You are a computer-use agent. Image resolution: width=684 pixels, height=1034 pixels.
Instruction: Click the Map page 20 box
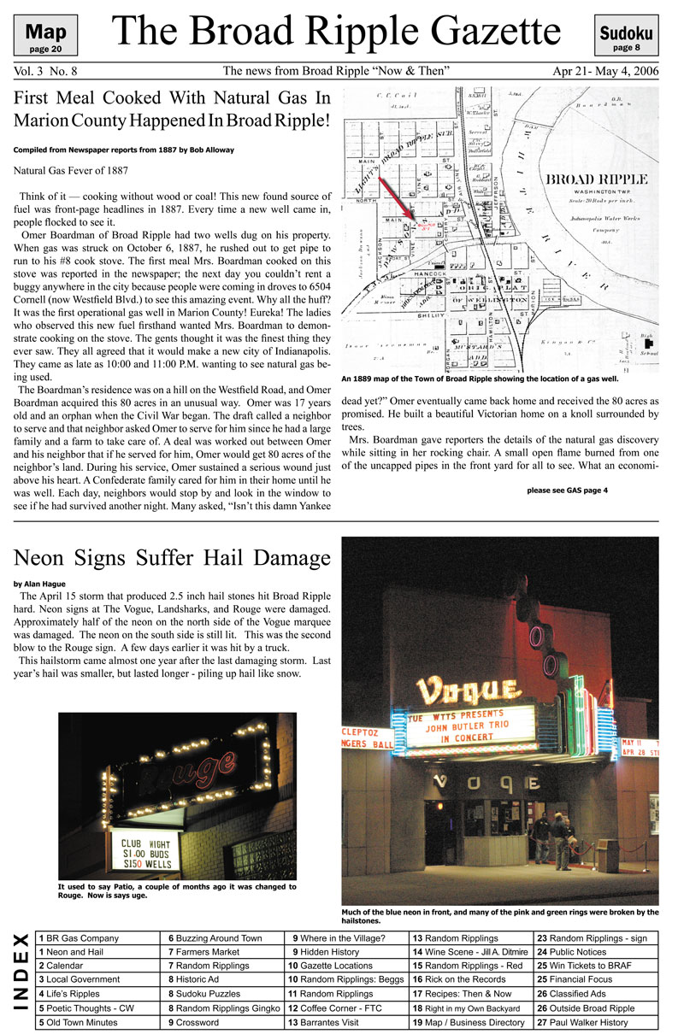point(46,35)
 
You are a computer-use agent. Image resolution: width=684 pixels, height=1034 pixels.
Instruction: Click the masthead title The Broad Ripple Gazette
point(336,33)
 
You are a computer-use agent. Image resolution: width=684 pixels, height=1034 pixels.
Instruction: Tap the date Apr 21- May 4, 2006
point(605,71)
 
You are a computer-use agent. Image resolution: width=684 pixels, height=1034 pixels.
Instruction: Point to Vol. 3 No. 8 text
point(45,72)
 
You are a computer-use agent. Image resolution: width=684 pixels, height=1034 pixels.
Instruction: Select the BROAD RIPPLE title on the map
point(596,179)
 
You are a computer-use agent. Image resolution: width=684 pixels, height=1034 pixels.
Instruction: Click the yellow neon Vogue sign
point(468,689)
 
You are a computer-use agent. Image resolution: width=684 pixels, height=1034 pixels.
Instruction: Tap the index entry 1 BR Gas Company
point(77,938)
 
